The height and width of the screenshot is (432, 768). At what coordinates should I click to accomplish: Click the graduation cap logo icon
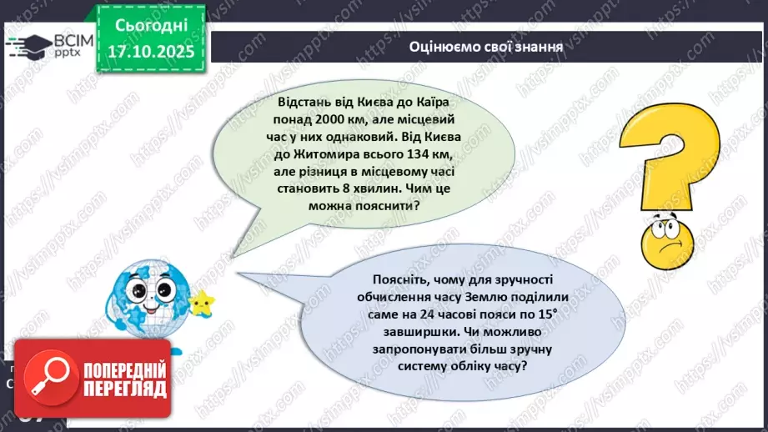point(28,45)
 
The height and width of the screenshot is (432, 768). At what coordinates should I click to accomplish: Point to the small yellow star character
point(200,302)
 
